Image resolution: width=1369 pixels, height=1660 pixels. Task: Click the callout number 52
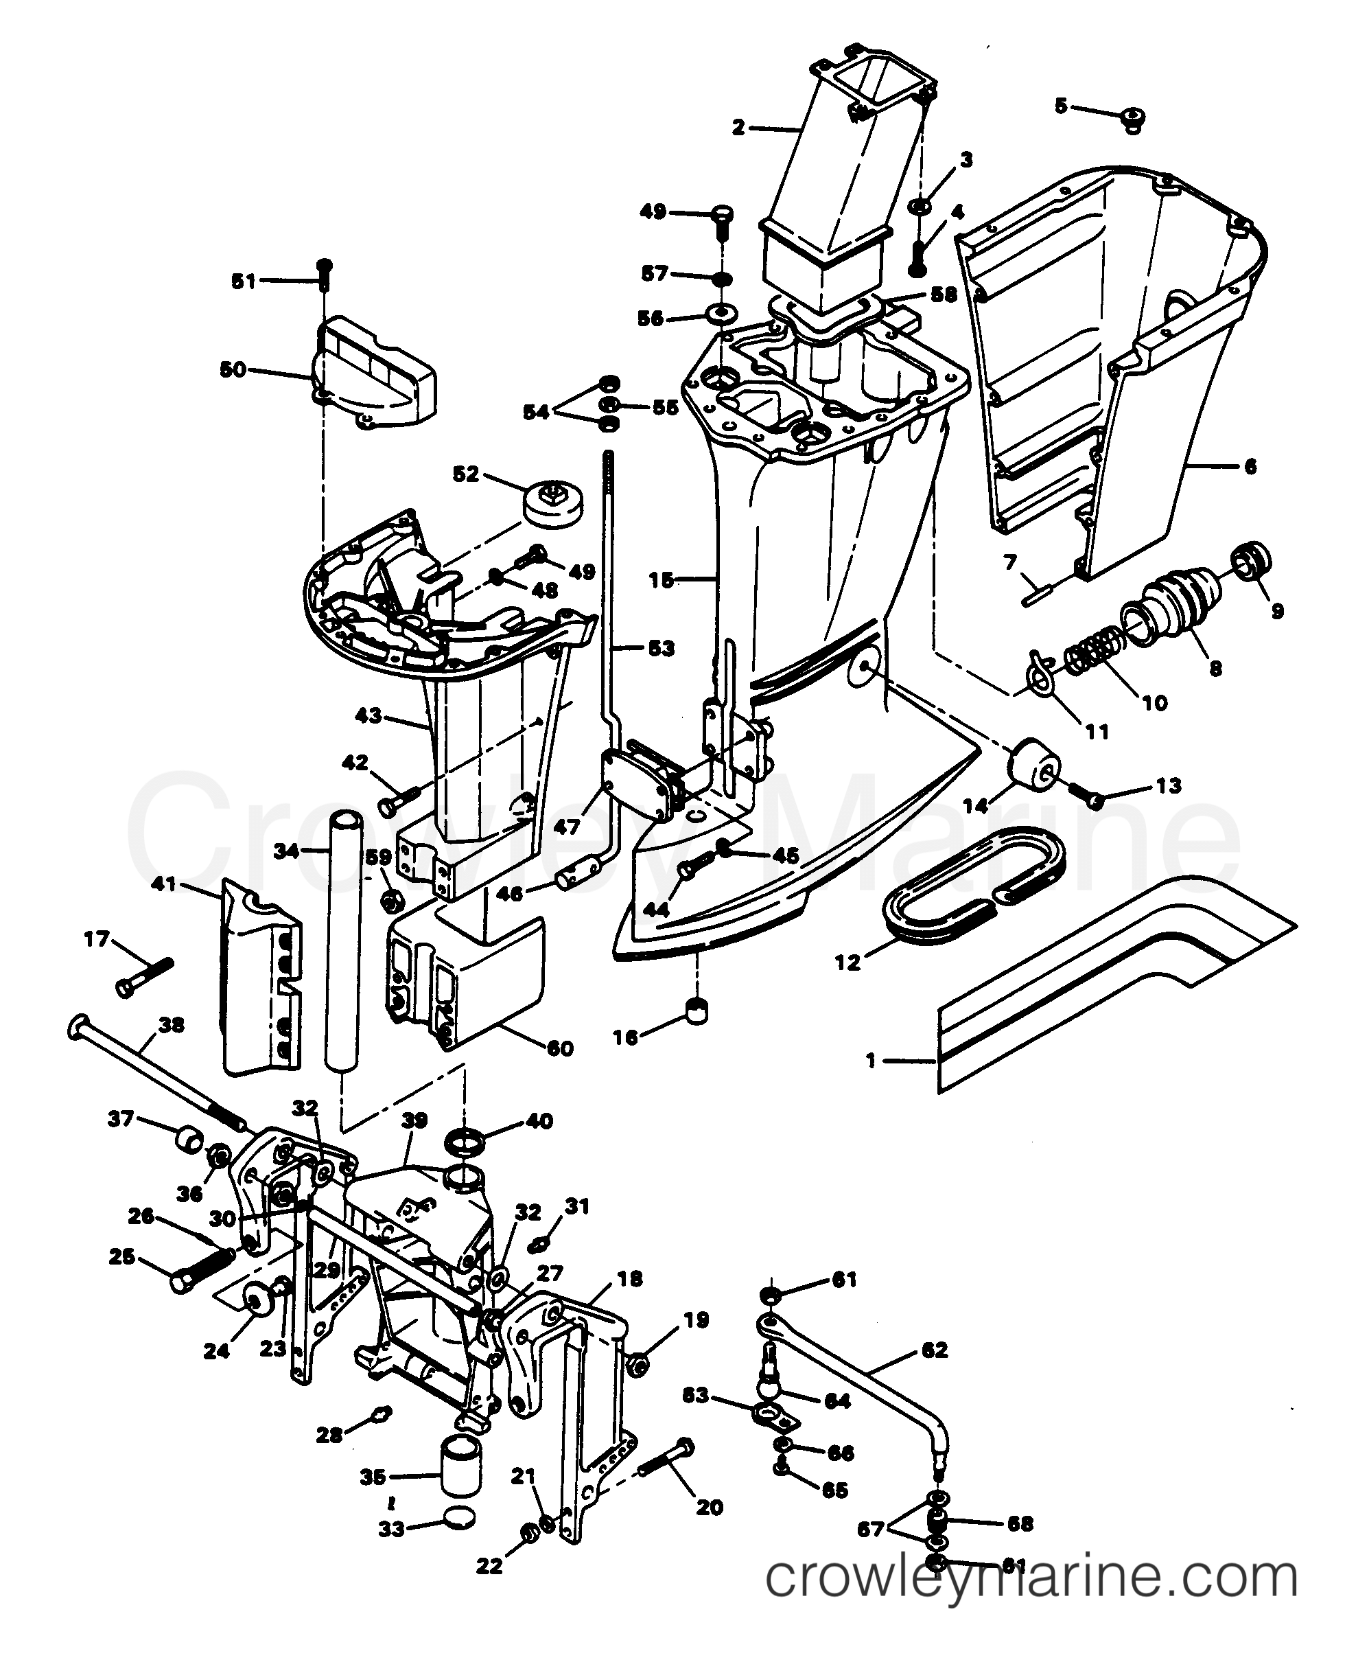point(466,474)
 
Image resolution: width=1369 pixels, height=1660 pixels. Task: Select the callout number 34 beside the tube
point(287,851)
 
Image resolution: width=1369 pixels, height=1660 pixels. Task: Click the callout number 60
point(560,1048)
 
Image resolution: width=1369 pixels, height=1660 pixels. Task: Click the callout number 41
point(164,885)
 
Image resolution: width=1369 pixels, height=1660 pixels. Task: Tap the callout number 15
point(661,580)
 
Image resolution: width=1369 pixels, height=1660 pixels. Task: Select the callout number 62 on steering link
point(935,1350)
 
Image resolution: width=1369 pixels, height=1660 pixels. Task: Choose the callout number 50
point(233,369)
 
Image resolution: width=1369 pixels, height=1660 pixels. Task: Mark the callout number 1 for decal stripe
point(871,1061)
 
